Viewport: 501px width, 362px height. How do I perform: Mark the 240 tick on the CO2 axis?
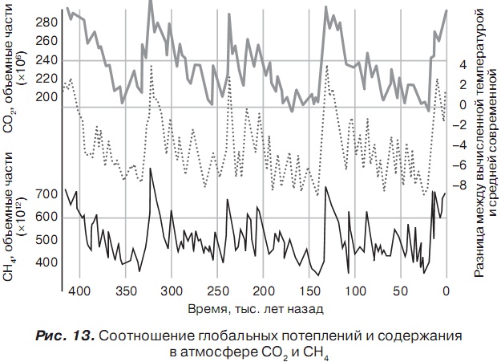47,60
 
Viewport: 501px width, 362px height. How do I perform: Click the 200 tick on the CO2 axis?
47,97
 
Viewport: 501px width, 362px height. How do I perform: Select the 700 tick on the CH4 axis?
47,194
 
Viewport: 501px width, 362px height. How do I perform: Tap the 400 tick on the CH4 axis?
47,262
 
